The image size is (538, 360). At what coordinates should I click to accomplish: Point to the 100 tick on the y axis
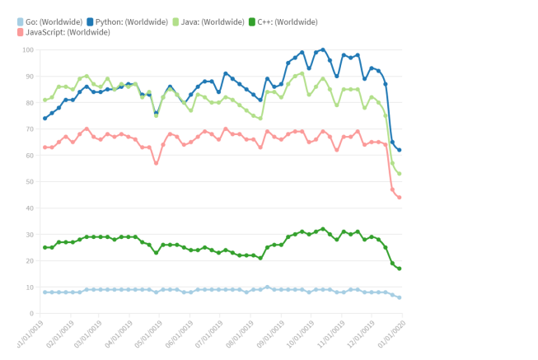coord(27,50)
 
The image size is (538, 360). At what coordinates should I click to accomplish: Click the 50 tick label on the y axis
coord(29,182)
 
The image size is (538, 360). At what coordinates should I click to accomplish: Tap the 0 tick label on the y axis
coord(30,314)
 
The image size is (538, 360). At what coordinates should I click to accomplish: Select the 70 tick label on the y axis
coord(29,129)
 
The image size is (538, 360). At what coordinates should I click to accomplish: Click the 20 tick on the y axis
coord(29,261)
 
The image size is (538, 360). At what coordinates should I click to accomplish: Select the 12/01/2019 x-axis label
coord(365,338)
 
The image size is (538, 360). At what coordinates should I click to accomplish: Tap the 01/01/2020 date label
coord(395,338)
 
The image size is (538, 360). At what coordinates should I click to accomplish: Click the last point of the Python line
coord(399,150)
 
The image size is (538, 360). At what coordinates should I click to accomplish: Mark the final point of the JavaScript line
coord(399,198)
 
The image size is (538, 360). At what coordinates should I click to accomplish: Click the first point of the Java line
coord(45,101)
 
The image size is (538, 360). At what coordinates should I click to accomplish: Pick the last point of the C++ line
coord(399,269)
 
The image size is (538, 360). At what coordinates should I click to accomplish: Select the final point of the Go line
coord(399,297)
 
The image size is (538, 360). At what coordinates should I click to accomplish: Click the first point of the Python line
coord(45,119)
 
